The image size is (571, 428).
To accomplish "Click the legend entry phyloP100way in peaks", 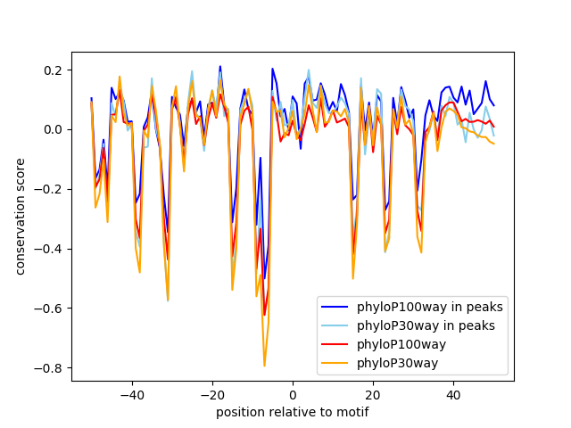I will (429, 308).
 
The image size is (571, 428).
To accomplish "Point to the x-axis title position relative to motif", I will (292, 412).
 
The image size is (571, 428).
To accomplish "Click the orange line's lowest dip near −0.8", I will (264, 366).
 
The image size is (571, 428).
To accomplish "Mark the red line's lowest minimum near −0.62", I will (264, 315).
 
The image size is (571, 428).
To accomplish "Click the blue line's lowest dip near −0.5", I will (264, 278).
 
